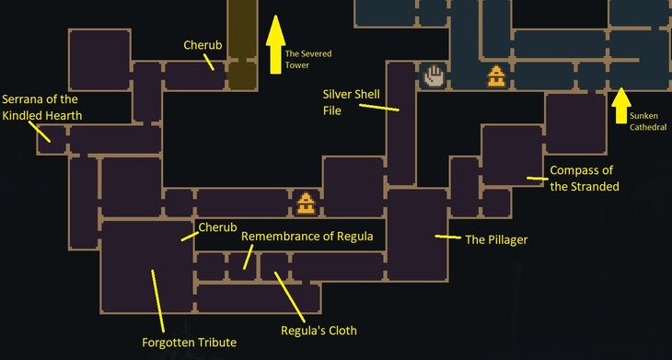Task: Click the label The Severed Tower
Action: (x=307, y=59)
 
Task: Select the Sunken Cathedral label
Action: (x=648, y=122)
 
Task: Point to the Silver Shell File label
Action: (x=346, y=101)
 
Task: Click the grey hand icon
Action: (x=434, y=75)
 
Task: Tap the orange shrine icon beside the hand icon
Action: (x=497, y=76)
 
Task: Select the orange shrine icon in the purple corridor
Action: (x=305, y=202)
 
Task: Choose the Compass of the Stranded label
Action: (x=584, y=178)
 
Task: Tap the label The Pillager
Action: (x=495, y=240)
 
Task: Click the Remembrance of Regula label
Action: (x=307, y=237)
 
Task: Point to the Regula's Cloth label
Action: (x=319, y=331)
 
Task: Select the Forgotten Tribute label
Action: (x=189, y=343)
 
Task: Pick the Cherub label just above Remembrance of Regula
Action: (x=218, y=226)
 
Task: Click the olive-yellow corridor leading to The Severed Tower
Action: (x=241, y=37)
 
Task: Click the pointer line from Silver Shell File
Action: (x=378, y=107)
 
